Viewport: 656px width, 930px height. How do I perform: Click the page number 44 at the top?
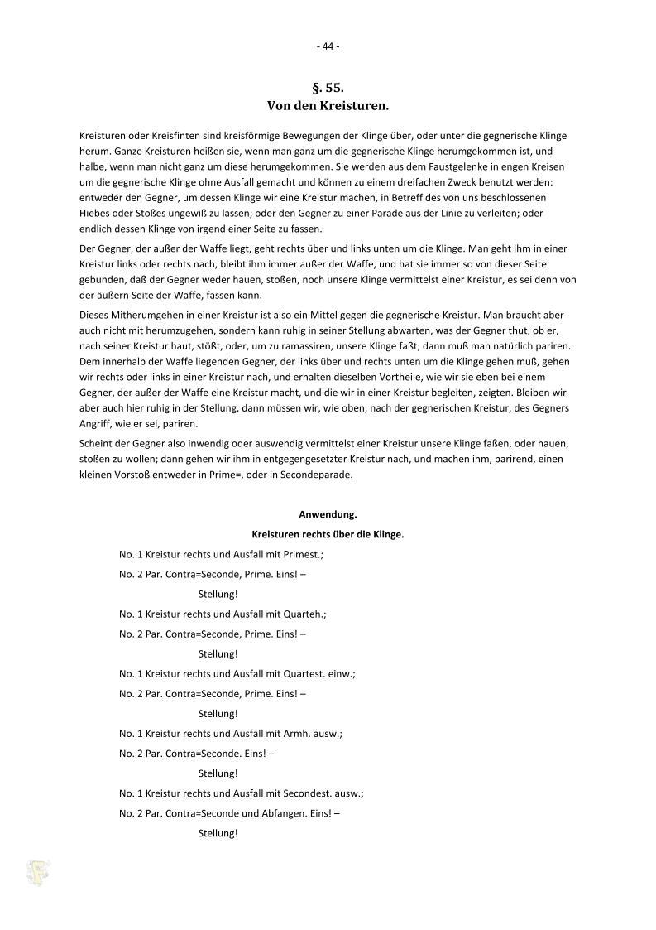[x=328, y=46]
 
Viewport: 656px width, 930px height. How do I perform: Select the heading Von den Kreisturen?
[x=328, y=106]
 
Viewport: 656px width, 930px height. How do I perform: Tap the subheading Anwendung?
[x=328, y=514]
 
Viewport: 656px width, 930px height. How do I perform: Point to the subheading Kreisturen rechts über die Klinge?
[x=328, y=534]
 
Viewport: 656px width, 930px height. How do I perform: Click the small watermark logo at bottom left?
[x=39, y=872]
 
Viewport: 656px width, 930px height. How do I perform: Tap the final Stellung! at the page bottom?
[x=218, y=833]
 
